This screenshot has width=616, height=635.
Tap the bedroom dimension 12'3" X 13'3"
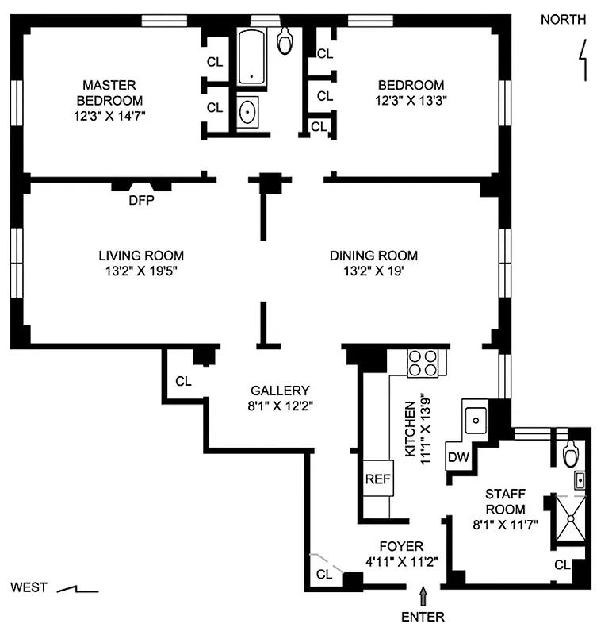(411, 101)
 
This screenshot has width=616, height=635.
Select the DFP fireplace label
(141, 201)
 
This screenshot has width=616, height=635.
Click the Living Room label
(141, 256)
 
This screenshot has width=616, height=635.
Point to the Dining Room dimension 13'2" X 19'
(373, 271)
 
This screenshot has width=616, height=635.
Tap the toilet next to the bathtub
(285, 40)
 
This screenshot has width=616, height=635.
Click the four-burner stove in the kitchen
(424, 363)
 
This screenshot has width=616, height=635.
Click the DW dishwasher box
(458, 457)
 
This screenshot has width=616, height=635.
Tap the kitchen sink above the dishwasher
(477, 417)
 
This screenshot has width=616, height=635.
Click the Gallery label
(279, 391)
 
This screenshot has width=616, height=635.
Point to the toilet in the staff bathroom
(570, 453)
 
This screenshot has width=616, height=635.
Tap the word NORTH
(564, 20)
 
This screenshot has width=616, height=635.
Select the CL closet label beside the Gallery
(183, 381)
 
